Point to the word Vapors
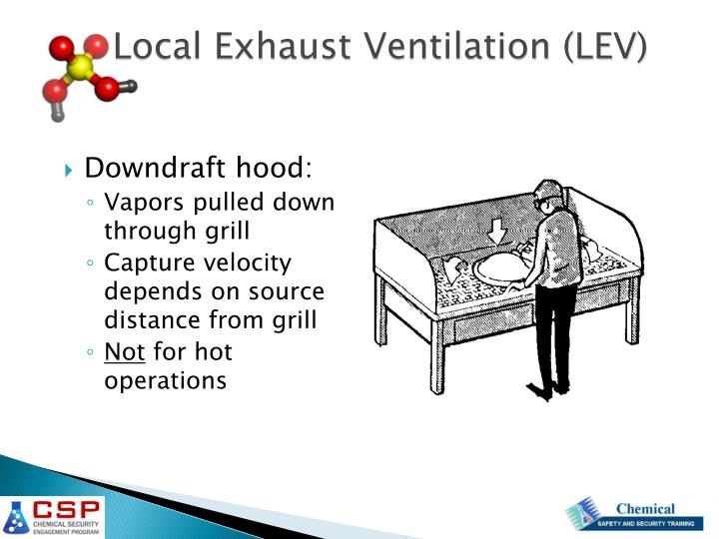(x=140, y=203)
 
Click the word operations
(x=165, y=380)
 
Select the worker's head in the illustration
(x=546, y=198)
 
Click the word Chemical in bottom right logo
(x=644, y=509)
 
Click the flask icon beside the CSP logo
(x=16, y=516)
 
